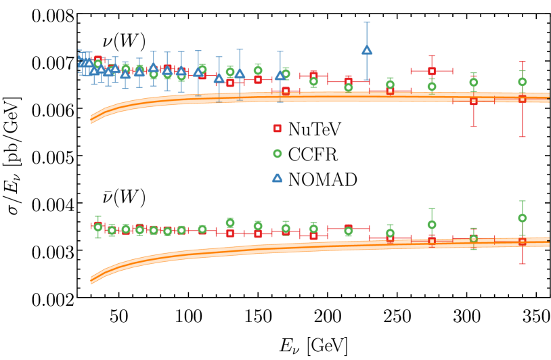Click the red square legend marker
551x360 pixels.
[x=277, y=128]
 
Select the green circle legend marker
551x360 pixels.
[x=278, y=154]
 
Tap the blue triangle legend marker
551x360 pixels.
[x=277, y=178]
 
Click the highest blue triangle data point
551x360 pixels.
[x=367, y=49]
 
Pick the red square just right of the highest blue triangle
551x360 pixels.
[x=390, y=91]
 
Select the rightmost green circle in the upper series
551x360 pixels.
[x=522, y=82]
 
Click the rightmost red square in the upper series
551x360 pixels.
[x=522, y=99]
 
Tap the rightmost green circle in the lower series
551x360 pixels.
[x=522, y=218]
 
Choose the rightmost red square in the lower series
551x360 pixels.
[x=522, y=241]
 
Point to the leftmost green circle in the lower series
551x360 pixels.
[x=98, y=227]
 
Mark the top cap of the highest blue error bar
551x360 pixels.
[x=367, y=22]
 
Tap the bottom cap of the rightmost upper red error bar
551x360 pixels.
[x=522, y=137]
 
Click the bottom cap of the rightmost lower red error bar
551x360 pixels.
[x=522, y=264]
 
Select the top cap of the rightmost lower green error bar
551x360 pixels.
[x=522, y=201]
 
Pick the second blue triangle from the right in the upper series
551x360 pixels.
[x=280, y=75]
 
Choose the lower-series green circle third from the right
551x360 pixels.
[x=432, y=225]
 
